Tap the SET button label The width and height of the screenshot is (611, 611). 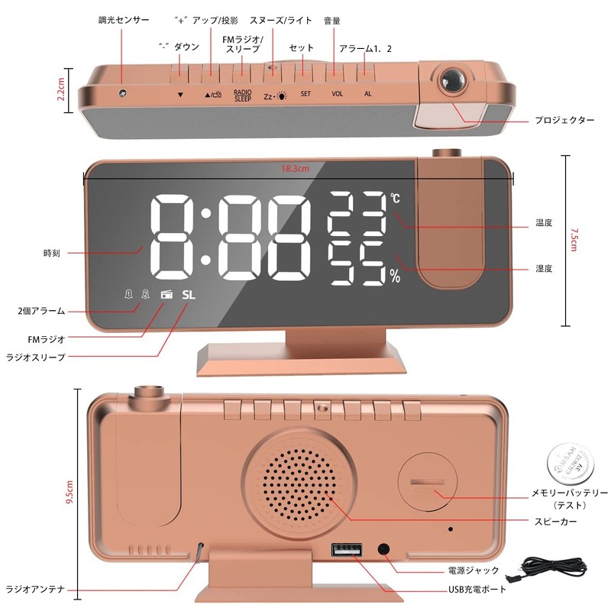(305, 95)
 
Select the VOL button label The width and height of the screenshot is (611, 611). (337, 95)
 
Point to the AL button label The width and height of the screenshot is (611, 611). (367, 95)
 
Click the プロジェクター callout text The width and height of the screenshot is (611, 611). (564, 121)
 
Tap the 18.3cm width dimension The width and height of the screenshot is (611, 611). (295, 169)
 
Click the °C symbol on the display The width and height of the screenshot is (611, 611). (395, 198)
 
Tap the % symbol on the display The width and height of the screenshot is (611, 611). (395, 277)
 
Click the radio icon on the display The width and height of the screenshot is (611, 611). (166, 296)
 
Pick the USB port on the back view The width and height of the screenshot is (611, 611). (344, 550)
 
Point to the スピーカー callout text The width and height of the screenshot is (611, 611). (556, 521)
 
